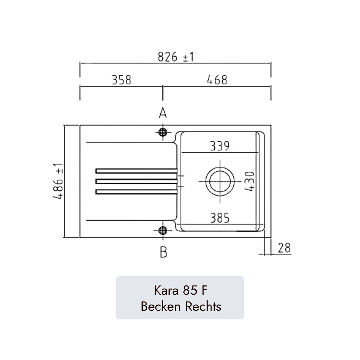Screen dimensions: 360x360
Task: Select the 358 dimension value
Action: click(x=121, y=80)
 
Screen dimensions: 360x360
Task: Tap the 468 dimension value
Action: click(x=217, y=80)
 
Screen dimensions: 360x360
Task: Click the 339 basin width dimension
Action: click(x=220, y=146)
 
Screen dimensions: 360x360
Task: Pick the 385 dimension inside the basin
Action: click(x=220, y=218)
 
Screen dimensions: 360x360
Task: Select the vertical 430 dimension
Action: click(x=250, y=181)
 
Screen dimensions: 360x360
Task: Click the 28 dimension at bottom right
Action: click(x=284, y=248)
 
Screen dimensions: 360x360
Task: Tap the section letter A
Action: click(x=163, y=113)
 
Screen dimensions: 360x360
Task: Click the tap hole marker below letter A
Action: click(x=163, y=132)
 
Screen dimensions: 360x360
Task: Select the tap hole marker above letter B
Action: click(x=163, y=230)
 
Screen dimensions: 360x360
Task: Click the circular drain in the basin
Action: click(x=220, y=181)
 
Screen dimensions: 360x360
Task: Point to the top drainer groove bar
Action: click(x=136, y=171)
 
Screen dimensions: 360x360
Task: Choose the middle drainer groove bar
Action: click(x=136, y=181)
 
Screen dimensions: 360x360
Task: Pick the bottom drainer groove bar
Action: click(x=136, y=192)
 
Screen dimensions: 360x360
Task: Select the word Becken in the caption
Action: click(x=161, y=306)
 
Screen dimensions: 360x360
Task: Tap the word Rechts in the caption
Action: click(x=203, y=306)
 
